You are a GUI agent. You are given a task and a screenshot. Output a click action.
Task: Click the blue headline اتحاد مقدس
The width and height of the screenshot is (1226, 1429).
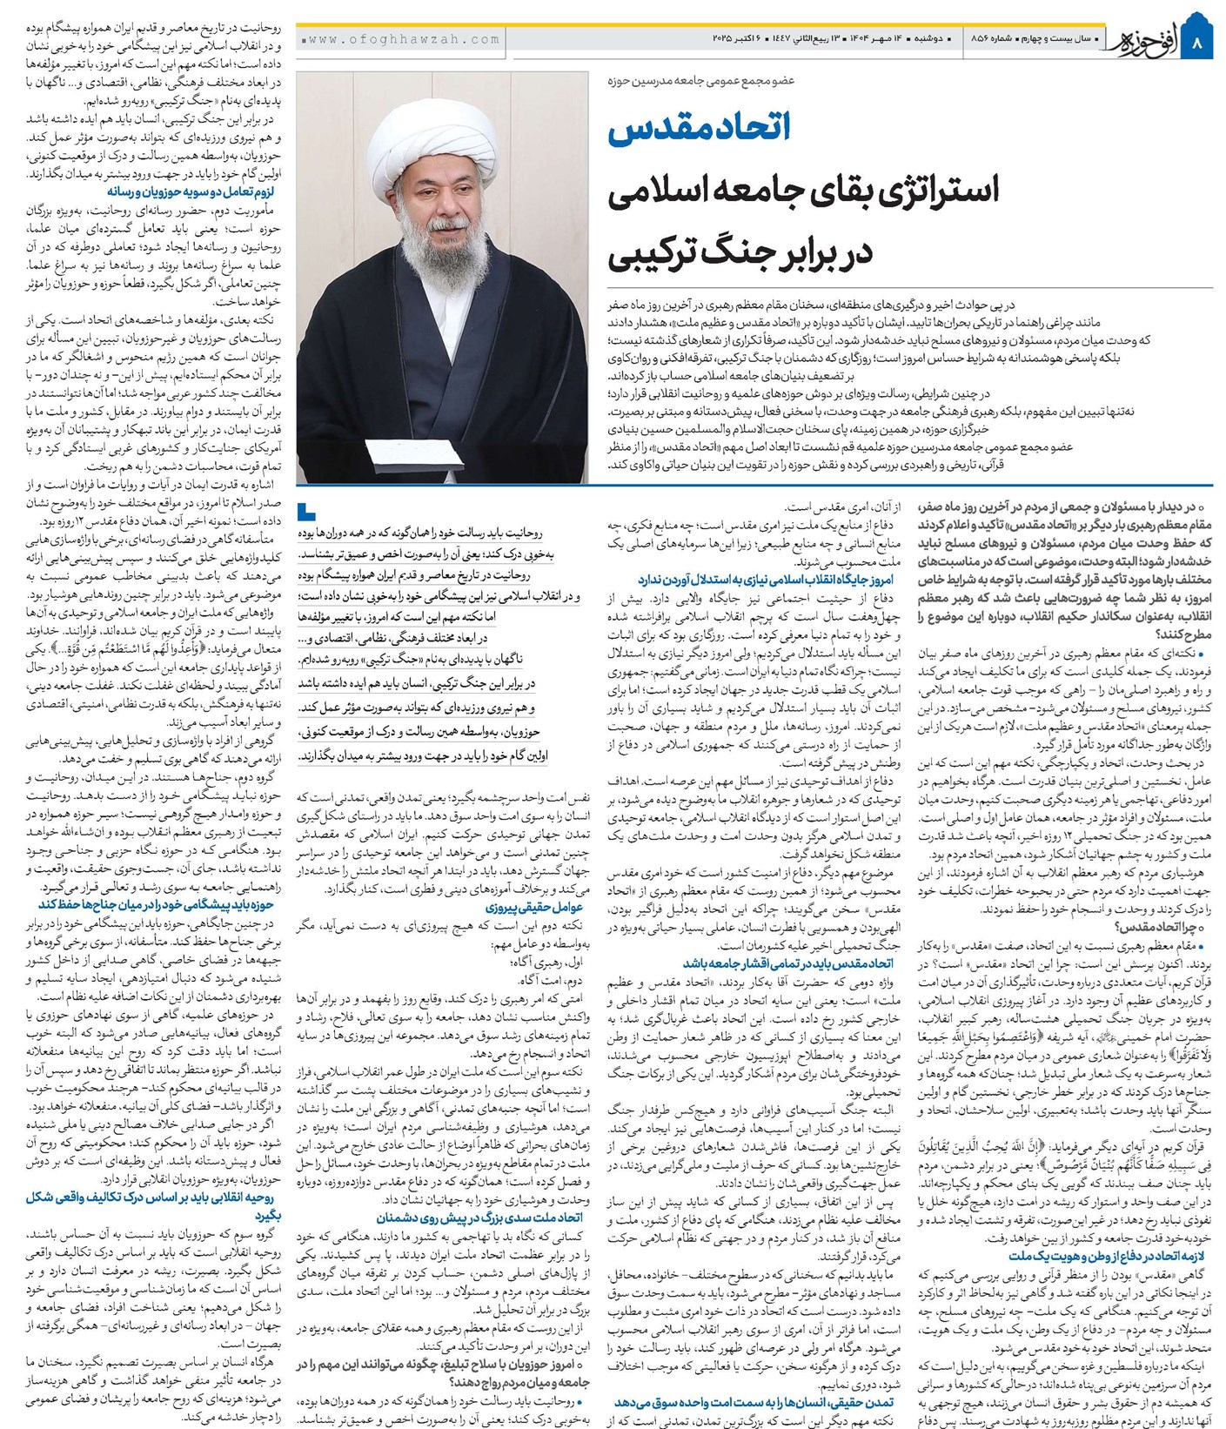coord(700,127)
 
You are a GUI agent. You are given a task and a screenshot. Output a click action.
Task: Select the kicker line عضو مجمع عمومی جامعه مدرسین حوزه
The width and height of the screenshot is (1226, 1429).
coord(700,80)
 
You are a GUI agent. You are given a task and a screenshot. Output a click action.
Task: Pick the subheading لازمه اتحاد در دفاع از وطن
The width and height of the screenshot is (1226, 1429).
coord(1109,1256)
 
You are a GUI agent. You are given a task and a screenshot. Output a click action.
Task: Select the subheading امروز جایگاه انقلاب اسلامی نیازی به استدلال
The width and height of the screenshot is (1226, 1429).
coord(766,580)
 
